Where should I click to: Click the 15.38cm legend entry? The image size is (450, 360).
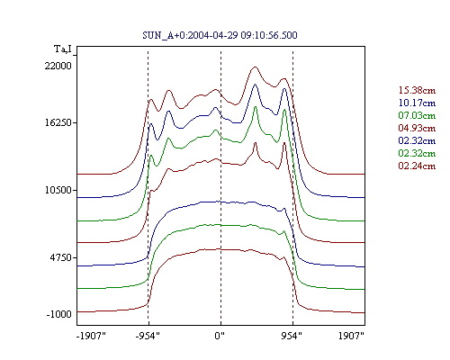(x=417, y=90)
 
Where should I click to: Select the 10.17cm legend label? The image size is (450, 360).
(x=417, y=103)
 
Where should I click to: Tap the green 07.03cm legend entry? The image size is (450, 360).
(x=417, y=115)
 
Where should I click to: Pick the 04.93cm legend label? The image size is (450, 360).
(x=417, y=128)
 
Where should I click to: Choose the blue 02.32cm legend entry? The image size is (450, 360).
(x=417, y=140)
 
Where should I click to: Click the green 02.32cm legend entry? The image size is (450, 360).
(x=417, y=153)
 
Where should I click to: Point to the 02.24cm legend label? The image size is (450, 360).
(x=417, y=166)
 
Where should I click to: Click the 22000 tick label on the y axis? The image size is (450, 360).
(x=58, y=66)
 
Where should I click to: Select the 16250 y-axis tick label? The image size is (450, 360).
(x=58, y=122)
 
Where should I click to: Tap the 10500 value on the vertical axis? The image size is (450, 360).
(x=58, y=190)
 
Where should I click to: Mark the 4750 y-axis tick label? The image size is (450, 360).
(x=61, y=257)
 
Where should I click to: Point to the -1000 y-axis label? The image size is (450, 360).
(x=59, y=314)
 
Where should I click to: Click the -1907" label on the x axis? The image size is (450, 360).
(x=91, y=336)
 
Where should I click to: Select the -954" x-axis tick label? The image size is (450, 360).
(x=148, y=336)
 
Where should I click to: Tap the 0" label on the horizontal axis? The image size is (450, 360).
(x=220, y=336)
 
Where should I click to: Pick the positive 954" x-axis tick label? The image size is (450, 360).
(x=292, y=336)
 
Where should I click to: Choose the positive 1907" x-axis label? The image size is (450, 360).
(x=351, y=336)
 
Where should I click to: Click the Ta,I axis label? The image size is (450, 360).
(x=63, y=49)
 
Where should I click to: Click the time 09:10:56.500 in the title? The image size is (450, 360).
(x=269, y=35)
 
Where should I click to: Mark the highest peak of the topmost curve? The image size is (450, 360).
(x=255, y=67)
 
